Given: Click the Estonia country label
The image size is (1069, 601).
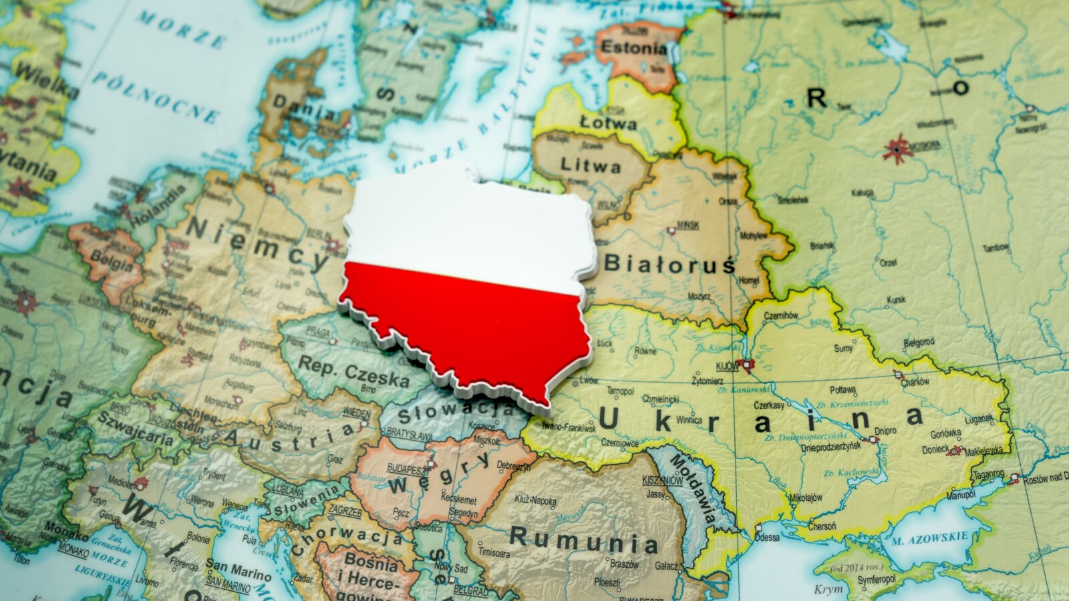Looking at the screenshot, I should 633,48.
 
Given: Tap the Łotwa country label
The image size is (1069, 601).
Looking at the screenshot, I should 608,124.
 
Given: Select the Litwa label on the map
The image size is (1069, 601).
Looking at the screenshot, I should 590,165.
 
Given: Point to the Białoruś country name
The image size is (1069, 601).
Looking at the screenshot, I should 669,264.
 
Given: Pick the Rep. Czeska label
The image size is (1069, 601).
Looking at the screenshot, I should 353,371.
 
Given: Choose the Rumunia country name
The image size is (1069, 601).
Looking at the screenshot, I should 583,540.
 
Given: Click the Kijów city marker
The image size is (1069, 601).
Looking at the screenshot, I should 745,365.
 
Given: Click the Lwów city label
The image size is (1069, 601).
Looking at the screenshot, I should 589,380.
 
